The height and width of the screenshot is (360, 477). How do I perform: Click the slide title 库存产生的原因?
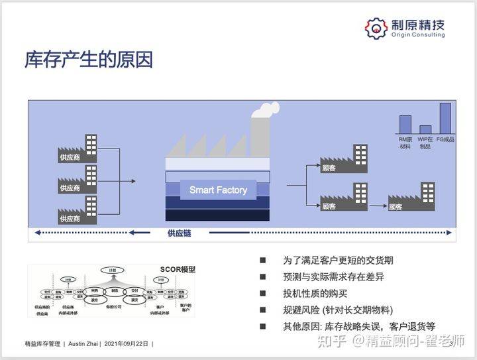tap(89, 60)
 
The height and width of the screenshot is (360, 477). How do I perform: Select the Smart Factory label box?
tap(218, 190)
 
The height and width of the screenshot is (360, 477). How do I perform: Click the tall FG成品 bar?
tap(445, 118)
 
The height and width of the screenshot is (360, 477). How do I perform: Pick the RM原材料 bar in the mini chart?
tap(404, 124)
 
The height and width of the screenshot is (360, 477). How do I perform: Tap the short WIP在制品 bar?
tap(425, 129)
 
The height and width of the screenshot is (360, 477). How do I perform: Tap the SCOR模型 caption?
tap(178, 269)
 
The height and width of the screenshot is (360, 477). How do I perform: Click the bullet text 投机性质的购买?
tap(315, 294)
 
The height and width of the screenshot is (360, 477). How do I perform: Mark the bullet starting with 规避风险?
tap(338, 310)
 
